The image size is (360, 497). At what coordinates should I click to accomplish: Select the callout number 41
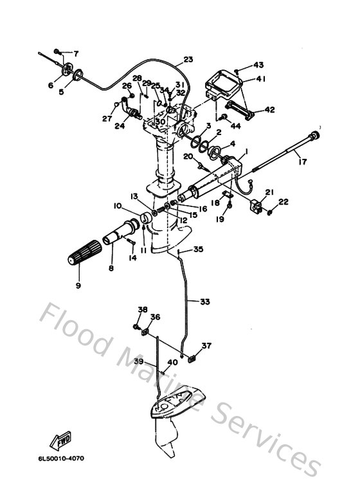[x=261, y=78]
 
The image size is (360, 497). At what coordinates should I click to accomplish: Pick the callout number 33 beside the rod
[x=204, y=300]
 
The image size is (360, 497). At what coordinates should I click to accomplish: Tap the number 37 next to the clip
[x=206, y=346]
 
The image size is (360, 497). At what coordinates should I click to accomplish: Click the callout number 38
[x=143, y=309]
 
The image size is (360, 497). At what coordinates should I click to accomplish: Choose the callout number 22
[x=283, y=202]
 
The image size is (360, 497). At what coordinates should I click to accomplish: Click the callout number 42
[x=269, y=110]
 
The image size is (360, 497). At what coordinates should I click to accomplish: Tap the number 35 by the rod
[x=198, y=249]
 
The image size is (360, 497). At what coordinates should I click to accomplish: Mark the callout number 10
[x=118, y=206]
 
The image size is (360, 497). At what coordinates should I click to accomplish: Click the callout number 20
[x=188, y=156]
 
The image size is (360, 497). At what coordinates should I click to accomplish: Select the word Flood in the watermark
[x=75, y=328]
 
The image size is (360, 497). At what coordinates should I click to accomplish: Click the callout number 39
[x=138, y=362]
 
